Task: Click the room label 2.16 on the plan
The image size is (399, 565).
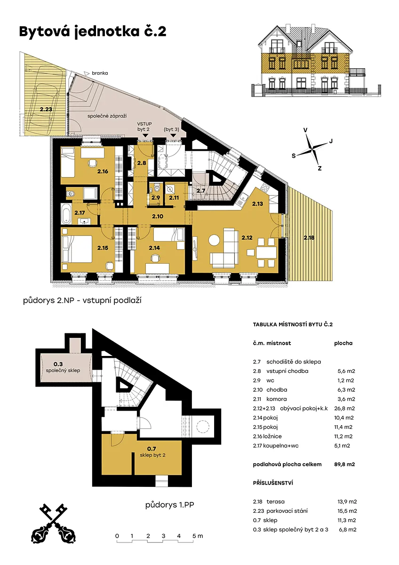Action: [x=103, y=171]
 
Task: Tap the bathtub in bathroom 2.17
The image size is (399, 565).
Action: [x=66, y=214]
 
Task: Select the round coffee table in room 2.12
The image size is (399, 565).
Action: [x=215, y=240]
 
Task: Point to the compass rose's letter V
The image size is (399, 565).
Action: [x=305, y=130]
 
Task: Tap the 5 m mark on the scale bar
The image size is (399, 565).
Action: [x=197, y=536]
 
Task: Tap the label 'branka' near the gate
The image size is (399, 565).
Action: [x=100, y=73]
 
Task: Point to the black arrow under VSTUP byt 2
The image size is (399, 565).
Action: [x=145, y=136]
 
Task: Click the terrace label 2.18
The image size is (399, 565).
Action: [x=309, y=237]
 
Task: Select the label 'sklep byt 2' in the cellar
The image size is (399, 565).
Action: [x=153, y=455]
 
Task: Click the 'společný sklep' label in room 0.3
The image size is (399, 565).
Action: [x=63, y=371]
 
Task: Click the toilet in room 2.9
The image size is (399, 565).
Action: [x=157, y=188]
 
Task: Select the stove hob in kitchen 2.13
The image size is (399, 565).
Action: [x=266, y=187]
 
